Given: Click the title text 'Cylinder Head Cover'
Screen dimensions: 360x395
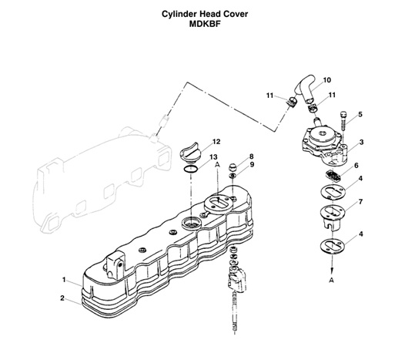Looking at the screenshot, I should point(198,14).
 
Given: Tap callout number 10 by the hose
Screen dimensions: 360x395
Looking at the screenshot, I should point(327,79).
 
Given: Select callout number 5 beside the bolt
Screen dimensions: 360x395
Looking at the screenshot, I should point(359,114).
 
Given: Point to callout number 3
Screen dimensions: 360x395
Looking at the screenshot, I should point(360,142).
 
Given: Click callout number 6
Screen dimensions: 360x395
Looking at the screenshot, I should point(356,166).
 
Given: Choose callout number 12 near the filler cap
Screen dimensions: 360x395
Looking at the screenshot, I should point(216,142).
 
